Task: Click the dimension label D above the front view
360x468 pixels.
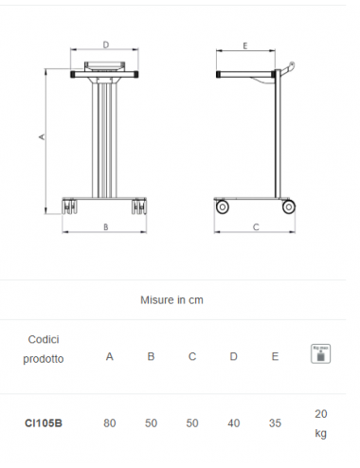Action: pos(106,45)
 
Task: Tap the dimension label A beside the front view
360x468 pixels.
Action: pos(41,137)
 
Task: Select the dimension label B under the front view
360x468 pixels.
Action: pos(105,227)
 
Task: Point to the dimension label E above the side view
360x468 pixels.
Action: pos(244,45)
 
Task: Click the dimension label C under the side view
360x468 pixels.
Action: pos(256,227)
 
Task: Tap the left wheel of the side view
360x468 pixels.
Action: pos(223,206)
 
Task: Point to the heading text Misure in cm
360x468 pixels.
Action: pos(171,300)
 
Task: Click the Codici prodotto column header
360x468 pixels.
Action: pos(45,349)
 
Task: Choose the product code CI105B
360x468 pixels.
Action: pos(44,423)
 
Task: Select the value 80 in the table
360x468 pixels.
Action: pos(109,423)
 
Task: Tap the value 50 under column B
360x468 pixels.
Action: pos(151,423)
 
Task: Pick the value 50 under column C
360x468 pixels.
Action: pos(192,423)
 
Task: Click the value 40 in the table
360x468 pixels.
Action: pos(234,423)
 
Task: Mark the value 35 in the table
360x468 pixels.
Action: pos(275,423)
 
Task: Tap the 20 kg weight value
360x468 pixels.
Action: pos(320,423)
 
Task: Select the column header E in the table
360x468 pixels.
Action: pos(275,357)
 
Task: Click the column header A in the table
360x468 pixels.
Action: pos(109,357)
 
